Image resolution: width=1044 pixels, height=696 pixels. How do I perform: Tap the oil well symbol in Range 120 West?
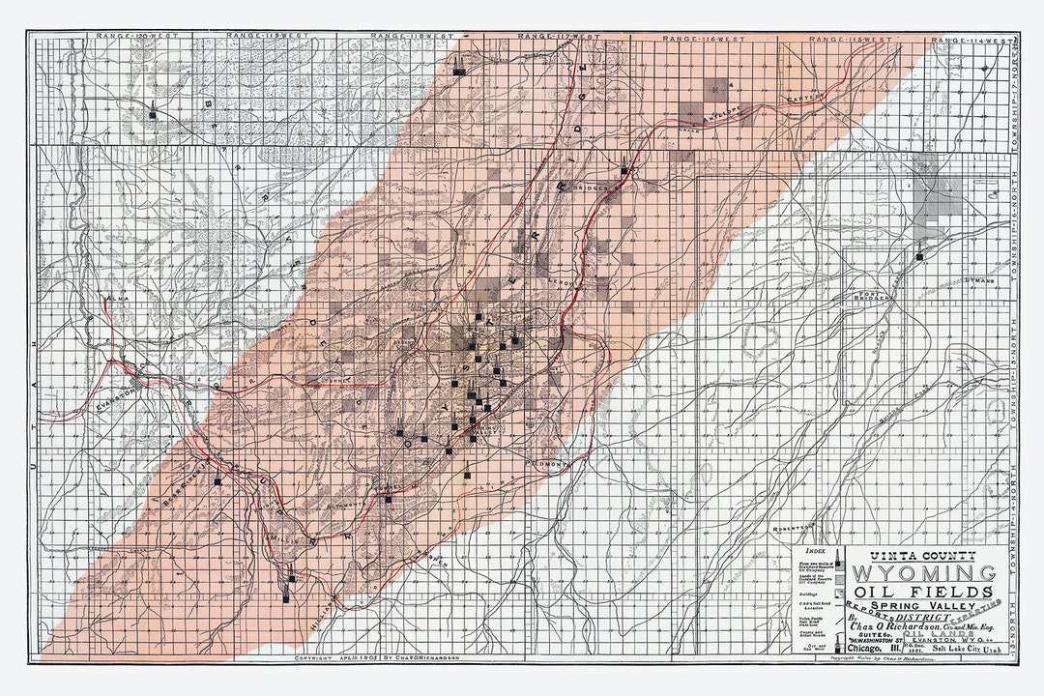[x=153, y=113]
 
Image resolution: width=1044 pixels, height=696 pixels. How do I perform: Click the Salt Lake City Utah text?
[x=957, y=650]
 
